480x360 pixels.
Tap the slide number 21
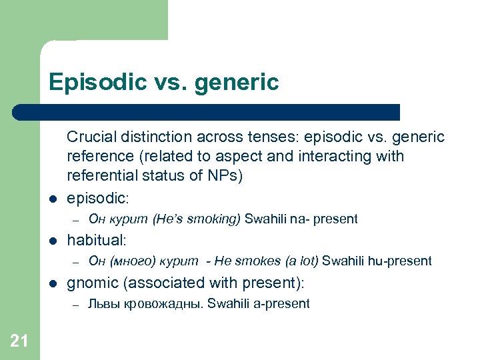click(19, 342)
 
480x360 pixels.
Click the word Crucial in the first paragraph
click(91, 137)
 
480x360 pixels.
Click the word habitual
click(97, 240)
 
